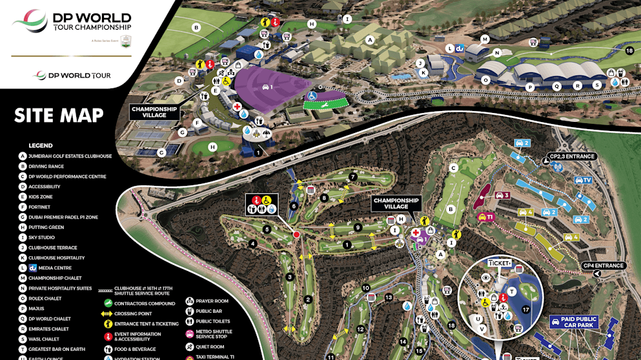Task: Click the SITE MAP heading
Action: [x=59, y=115]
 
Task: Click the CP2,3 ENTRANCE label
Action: [x=572, y=156]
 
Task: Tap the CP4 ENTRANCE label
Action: [x=603, y=265]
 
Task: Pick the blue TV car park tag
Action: [x=583, y=180]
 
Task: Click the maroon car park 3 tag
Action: [x=502, y=195]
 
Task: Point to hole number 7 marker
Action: [x=352, y=177]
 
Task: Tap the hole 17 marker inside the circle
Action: [x=525, y=310]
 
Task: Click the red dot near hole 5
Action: [x=296, y=235]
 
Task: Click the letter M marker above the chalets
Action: [x=484, y=39]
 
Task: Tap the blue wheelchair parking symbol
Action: [x=311, y=96]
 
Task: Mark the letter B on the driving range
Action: [x=196, y=27]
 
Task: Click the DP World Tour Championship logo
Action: [x=72, y=23]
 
